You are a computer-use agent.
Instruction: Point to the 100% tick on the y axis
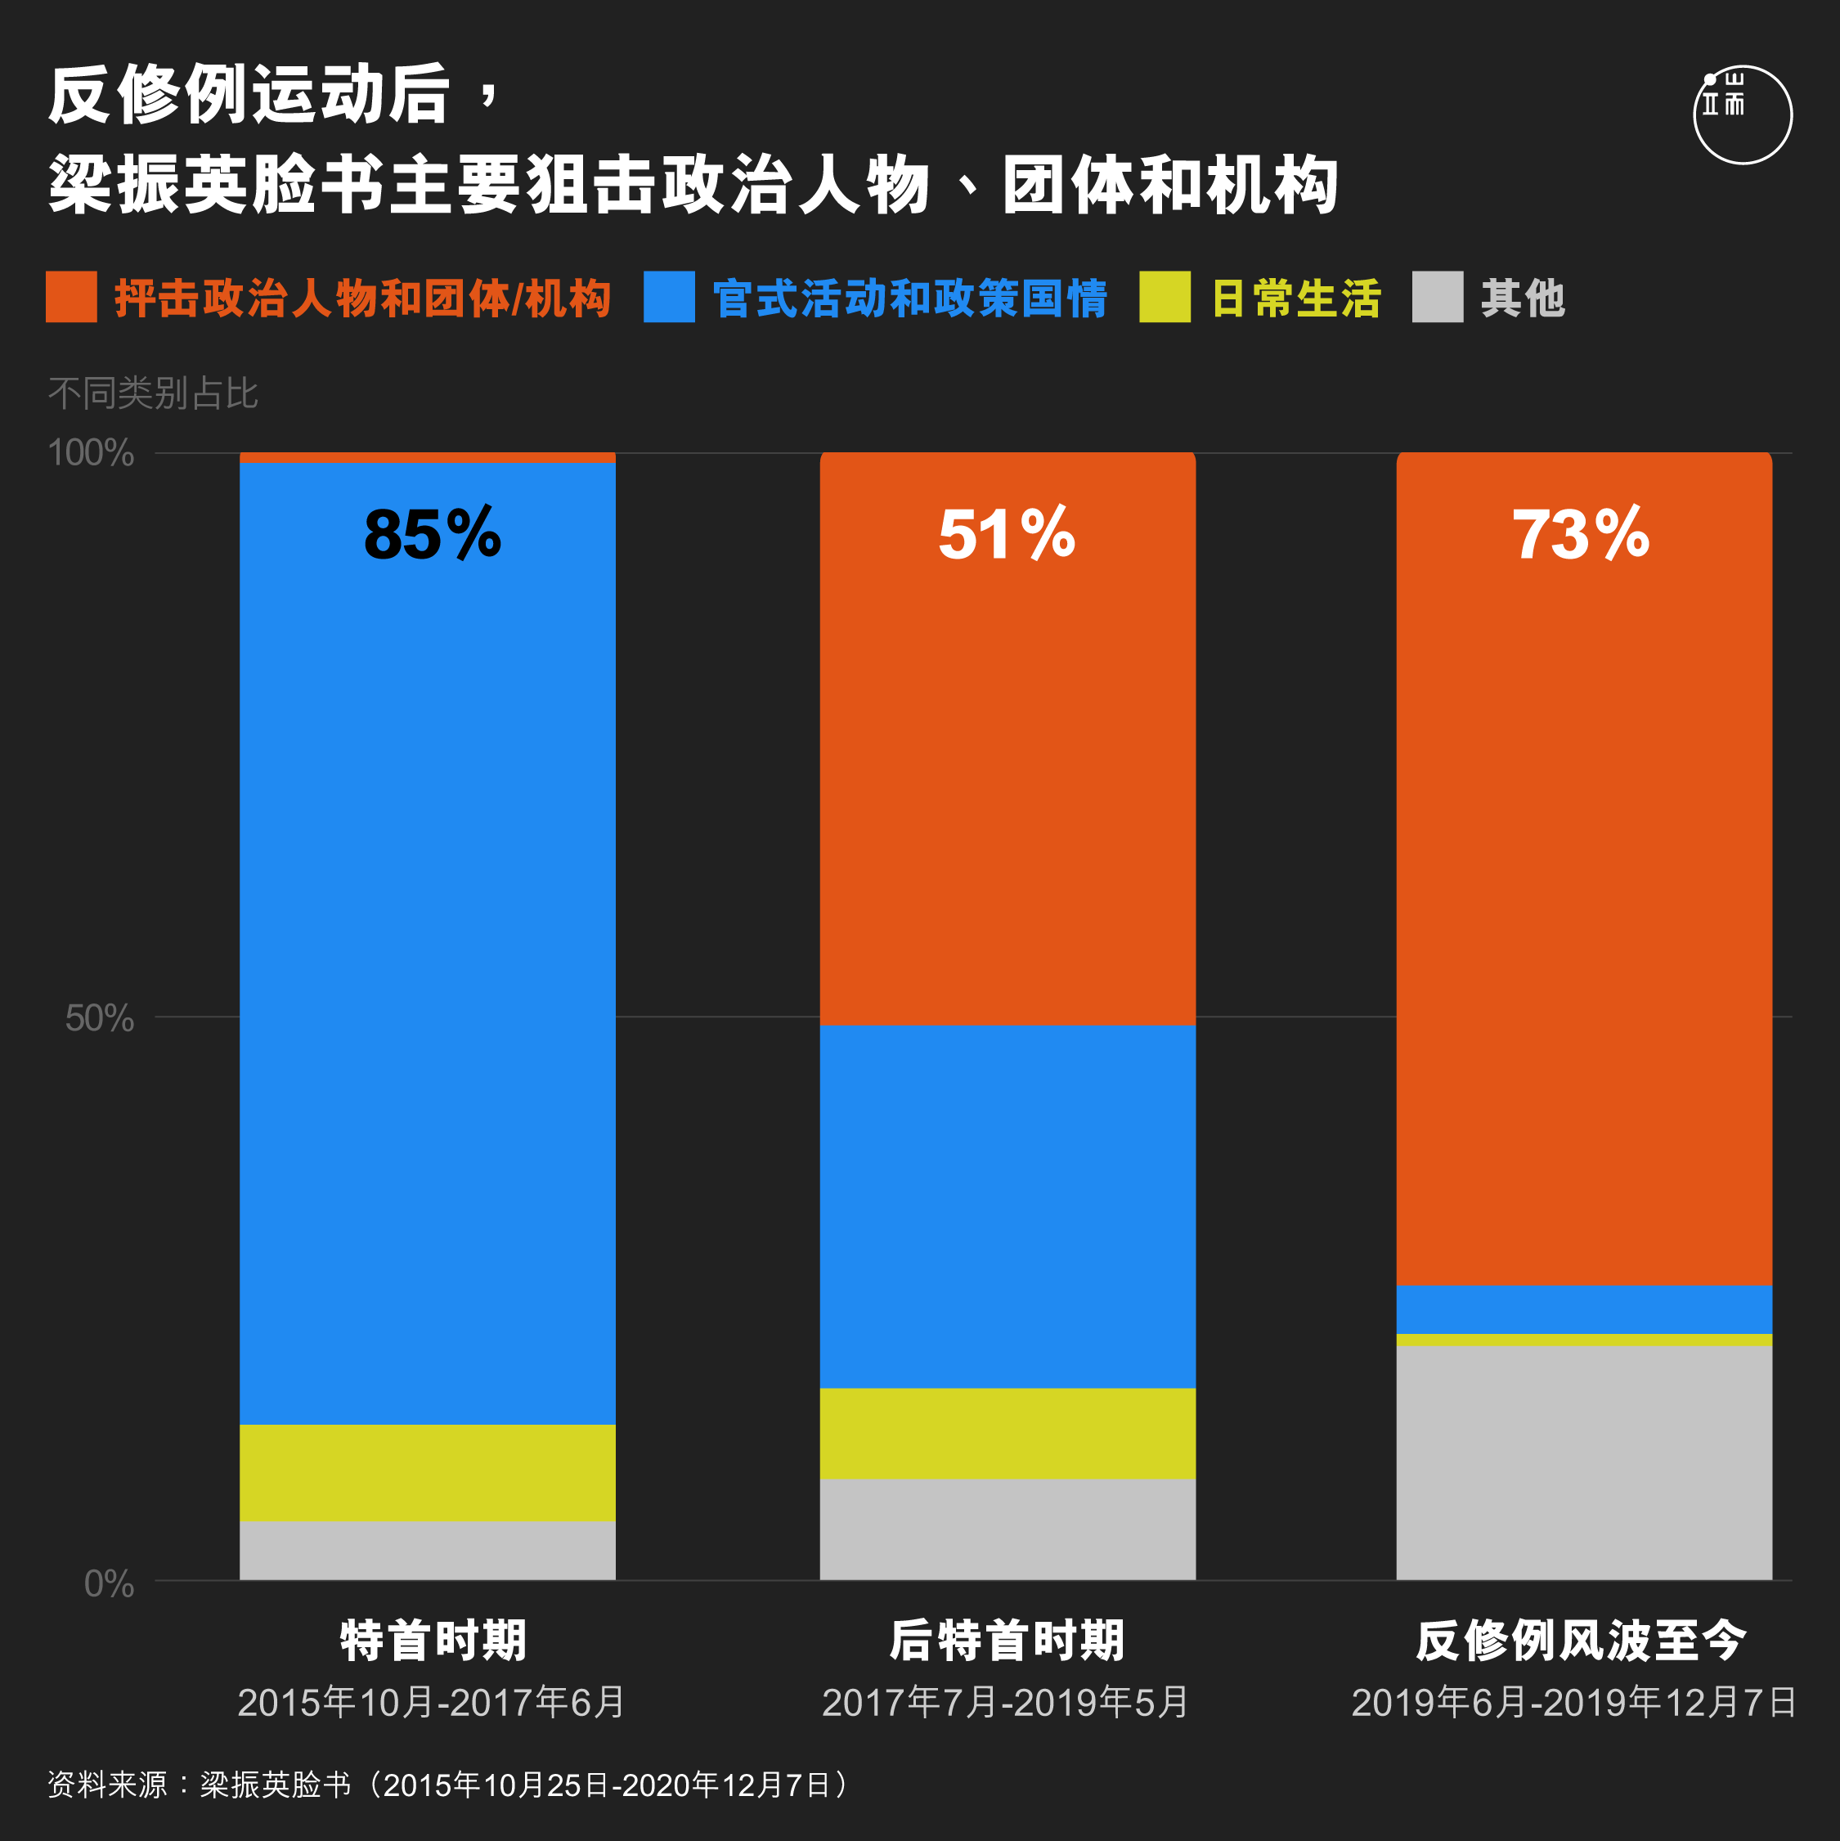(x=92, y=452)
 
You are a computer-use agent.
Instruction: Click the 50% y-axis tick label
(x=100, y=1019)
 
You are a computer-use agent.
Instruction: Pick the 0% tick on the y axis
(x=110, y=1583)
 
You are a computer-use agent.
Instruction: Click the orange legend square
(x=71, y=298)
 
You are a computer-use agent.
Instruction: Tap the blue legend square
(x=669, y=298)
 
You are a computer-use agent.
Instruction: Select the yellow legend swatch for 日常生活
(x=1165, y=298)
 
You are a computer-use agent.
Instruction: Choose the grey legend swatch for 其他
(x=1438, y=298)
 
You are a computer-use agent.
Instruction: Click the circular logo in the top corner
(x=1743, y=115)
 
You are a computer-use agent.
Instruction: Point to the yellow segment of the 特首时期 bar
(x=428, y=1473)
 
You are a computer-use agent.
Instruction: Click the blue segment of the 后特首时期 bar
(x=1008, y=1206)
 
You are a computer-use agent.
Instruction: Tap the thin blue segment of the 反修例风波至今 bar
(x=1585, y=1310)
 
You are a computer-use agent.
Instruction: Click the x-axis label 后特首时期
(x=1008, y=1641)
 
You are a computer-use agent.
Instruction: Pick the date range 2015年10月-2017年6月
(x=431, y=1703)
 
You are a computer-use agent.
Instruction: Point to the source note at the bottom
(x=448, y=1785)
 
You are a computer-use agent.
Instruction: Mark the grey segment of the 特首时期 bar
(x=428, y=1551)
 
